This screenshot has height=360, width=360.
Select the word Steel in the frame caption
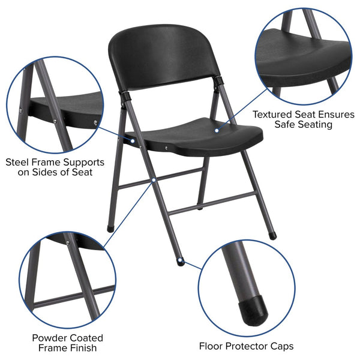point(18,162)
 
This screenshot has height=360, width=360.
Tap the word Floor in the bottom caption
point(213,346)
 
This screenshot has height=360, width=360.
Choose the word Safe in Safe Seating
point(287,124)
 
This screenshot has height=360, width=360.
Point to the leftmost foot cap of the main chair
point(110,229)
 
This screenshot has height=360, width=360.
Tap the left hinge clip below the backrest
point(127,95)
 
